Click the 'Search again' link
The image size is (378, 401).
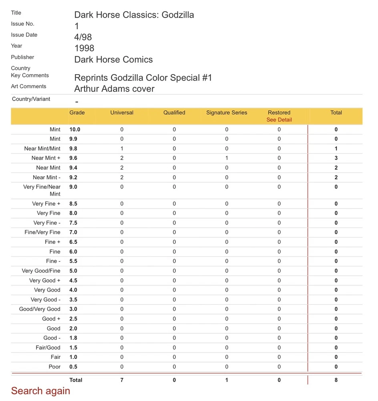[40, 391]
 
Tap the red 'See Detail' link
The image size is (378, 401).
[279, 120]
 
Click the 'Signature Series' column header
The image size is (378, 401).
[227, 113]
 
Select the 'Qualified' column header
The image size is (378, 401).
[174, 113]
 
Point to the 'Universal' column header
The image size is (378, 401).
[122, 113]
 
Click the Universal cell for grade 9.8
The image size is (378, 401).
[122, 149]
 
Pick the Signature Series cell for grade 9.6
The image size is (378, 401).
[227, 158]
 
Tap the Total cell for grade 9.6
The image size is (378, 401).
[336, 158]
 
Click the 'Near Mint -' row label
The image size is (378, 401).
[46, 177]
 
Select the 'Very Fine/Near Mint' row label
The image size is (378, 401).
[42, 190]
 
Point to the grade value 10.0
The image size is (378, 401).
[75, 130]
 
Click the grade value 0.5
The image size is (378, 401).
[73, 367]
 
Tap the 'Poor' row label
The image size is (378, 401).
[54, 367]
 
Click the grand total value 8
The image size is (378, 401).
[336, 380]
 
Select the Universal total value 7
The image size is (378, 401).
[122, 380]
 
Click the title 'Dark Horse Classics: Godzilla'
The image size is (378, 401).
[134, 15]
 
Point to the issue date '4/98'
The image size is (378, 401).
[83, 37]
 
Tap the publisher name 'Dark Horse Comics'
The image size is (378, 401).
[113, 60]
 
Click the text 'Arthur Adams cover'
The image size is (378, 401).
[114, 89]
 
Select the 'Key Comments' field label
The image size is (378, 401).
[30, 75]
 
